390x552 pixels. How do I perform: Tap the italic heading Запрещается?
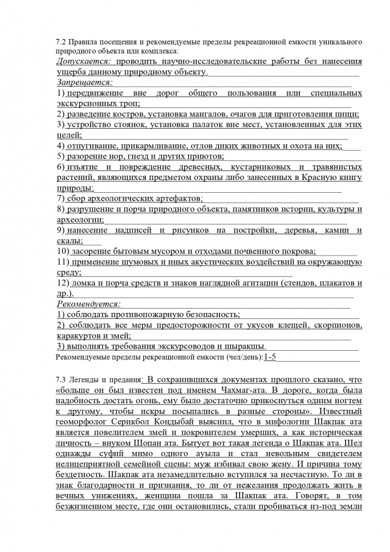click(85, 82)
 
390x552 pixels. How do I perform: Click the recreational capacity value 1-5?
click(270, 357)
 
